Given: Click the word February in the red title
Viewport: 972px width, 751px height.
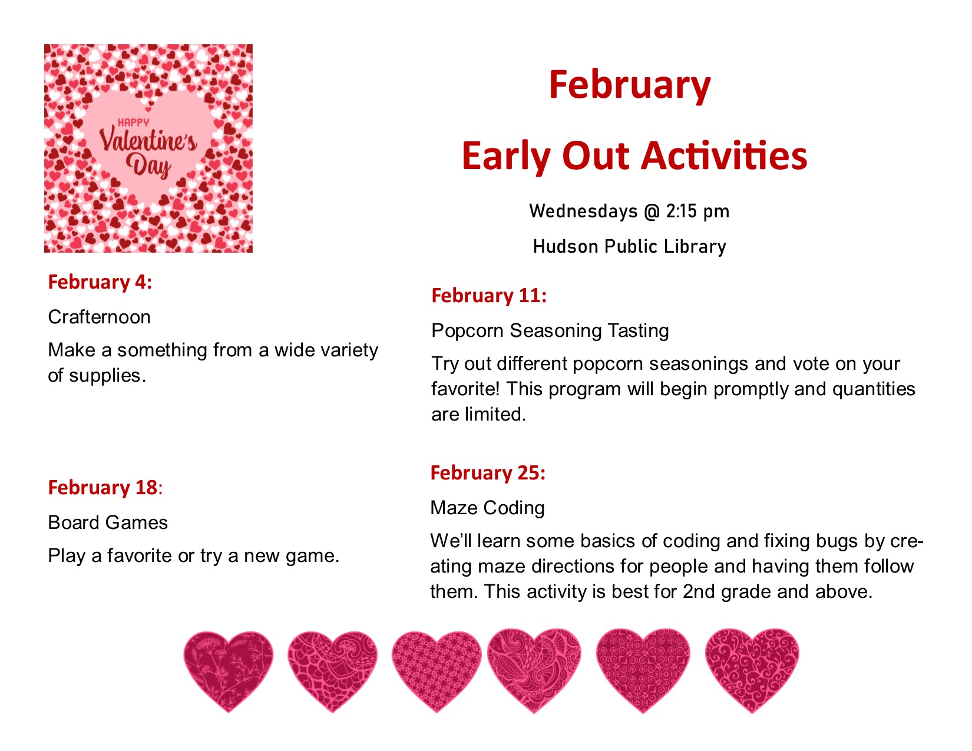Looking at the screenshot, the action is tap(629, 86).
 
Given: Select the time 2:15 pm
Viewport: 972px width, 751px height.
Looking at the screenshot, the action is tap(698, 211).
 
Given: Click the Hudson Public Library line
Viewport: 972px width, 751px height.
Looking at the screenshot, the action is tap(629, 246).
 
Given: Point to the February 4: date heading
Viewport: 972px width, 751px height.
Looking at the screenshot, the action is tap(100, 282).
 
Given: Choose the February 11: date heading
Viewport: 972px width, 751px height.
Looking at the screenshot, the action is tap(489, 296).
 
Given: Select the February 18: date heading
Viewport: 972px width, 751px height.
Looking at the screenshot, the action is tap(105, 488).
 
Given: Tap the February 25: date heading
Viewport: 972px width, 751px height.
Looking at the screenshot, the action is tap(488, 473).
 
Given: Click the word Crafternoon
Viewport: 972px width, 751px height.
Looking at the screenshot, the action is tap(100, 317).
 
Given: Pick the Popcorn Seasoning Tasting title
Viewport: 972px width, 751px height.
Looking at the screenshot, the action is tap(550, 331).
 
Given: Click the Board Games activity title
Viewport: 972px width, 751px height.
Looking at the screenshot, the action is tap(108, 522).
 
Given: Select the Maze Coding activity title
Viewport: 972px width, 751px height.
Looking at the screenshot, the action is tap(488, 508).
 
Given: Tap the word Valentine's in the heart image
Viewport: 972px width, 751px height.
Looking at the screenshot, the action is tap(148, 140).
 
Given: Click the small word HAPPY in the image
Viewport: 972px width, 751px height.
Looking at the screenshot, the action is tap(133, 122).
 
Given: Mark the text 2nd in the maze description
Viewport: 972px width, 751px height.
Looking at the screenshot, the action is tap(699, 592).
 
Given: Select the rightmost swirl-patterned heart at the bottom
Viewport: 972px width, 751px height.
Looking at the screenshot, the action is tap(752, 670).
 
